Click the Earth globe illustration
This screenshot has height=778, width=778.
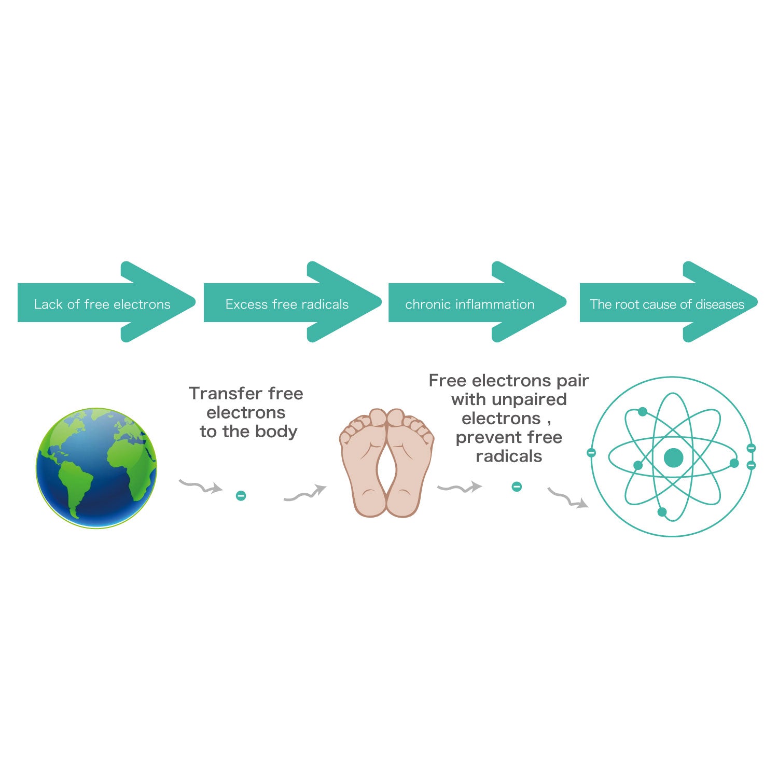point(96,468)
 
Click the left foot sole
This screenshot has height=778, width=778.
point(364,463)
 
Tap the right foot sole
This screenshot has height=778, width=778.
point(410,463)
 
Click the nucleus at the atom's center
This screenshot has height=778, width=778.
point(673,458)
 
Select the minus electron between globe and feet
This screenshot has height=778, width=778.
point(241,496)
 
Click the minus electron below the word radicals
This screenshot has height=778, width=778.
point(517,487)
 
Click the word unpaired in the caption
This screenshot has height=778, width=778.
point(531,400)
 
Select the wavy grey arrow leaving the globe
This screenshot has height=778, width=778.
point(201,487)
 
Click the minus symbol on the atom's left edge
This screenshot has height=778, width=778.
point(591,453)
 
